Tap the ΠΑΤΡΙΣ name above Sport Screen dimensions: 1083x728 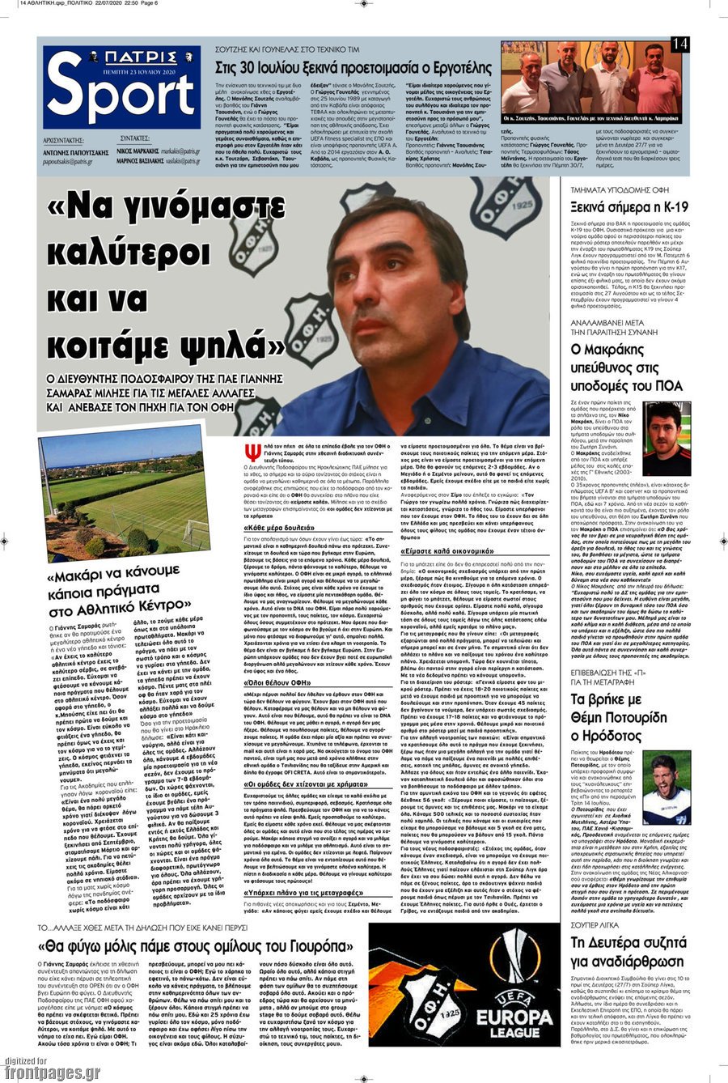pyautogui.click(x=121, y=57)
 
